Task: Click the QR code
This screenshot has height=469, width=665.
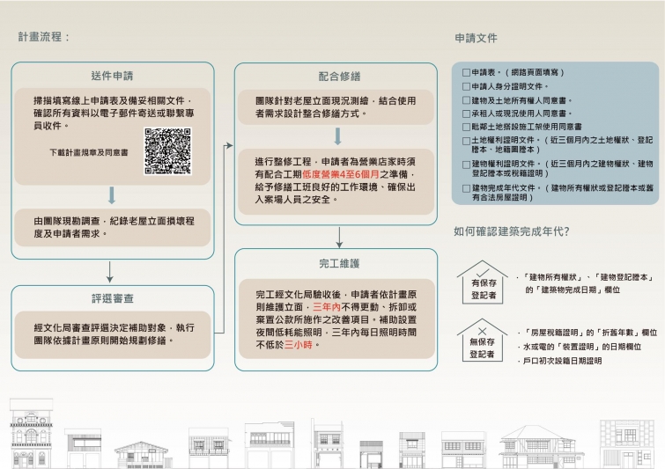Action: coord(168,151)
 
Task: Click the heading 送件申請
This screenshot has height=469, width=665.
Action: coord(112,76)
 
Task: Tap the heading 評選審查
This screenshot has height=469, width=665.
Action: coord(112,298)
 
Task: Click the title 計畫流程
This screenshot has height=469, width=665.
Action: coord(43,38)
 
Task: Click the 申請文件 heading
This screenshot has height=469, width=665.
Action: coord(477,39)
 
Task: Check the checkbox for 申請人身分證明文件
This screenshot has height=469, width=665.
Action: coord(467,86)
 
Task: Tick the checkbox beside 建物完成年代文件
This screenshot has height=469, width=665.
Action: coord(467,187)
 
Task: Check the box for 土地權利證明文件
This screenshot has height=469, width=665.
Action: coord(467,140)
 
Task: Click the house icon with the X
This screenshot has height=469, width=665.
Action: coord(482,339)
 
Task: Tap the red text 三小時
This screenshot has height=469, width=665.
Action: coord(299,346)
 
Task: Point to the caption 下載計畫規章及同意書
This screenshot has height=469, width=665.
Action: coord(89,152)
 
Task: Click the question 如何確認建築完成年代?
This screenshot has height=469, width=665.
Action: coord(511,231)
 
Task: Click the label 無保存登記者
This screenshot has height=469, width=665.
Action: coord(482,348)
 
